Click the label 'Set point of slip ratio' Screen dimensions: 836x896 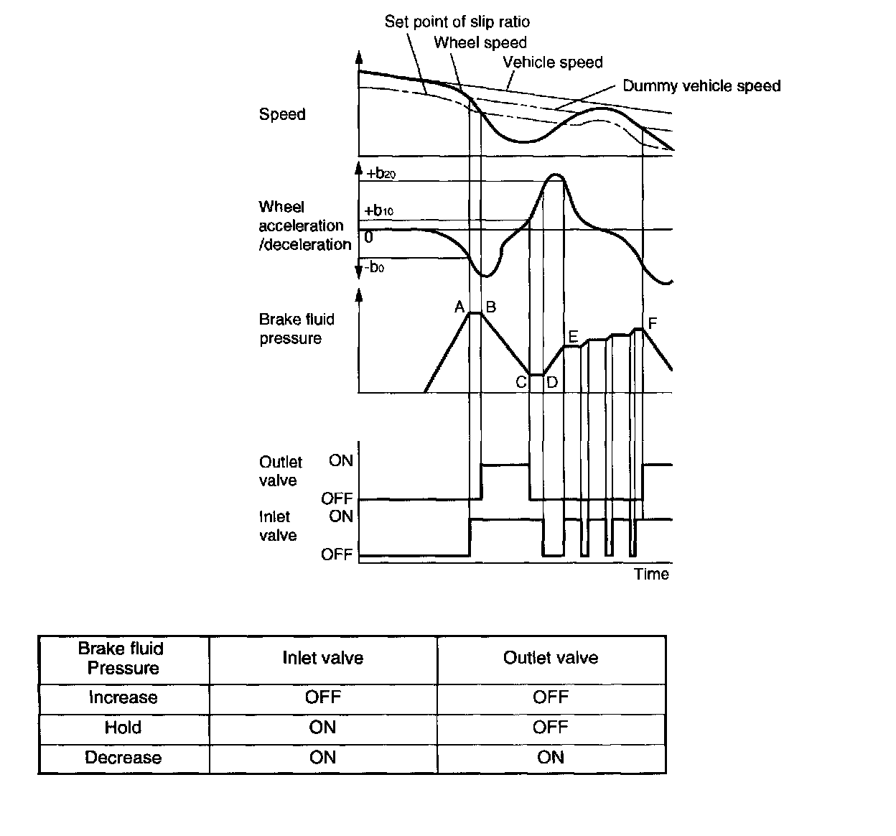coord(457,22)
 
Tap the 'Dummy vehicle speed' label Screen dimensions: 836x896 coord(701,86)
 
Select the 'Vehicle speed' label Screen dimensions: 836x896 coord(552,62)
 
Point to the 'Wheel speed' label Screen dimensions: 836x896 coord(480,42)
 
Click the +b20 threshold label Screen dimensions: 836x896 coord(381,174)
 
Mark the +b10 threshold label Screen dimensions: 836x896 coord(379,211)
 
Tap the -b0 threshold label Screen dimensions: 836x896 coord(374,268)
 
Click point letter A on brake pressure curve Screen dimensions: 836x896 coord(459,307)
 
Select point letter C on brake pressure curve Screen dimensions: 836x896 coord(521,382)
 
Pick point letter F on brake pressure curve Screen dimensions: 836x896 coord(652,324)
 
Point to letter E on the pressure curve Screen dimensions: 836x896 coord(572,336)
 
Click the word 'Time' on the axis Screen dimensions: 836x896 coord(651,574)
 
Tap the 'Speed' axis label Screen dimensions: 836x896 coord(282,114)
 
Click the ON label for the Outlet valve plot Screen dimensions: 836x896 coord(341,461)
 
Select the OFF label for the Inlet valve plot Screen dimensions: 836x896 coord(337,554)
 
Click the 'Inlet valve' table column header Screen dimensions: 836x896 coord(322,658)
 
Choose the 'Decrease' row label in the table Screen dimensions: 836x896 coord(123,758)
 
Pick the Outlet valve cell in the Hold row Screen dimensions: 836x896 coord(550,728)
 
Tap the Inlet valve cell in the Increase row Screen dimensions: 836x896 coord(322,697)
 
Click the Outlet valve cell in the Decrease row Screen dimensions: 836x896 coord(550,758)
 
